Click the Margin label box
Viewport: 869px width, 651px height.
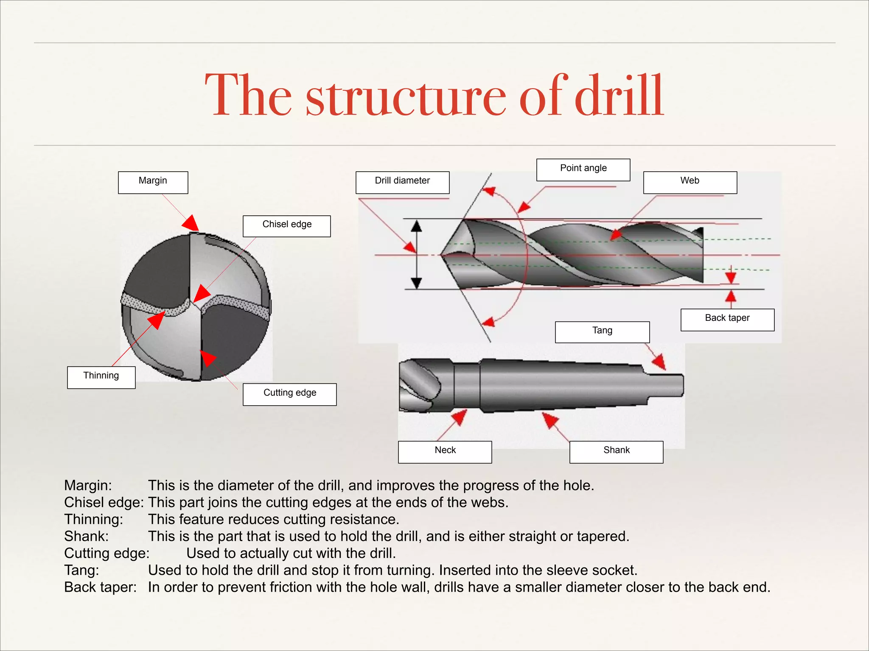click(x=153, y=182)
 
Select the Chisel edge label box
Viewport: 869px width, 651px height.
click(x=286, y=226)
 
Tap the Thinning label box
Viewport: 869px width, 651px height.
click(x=101, y=377)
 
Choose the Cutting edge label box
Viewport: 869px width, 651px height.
click(x=289, y=394)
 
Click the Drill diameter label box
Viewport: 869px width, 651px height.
click(x=402, y=182)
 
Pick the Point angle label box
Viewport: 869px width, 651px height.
click(x=583, y=170)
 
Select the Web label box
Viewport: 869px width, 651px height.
click(x=690, y=182)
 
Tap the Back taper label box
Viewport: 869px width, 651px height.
click(x=727, y=320)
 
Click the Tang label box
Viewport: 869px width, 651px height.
click(x=602, y=332)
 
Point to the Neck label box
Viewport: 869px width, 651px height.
click(x=445, y=452)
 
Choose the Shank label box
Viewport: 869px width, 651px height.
click(x=616, y=452)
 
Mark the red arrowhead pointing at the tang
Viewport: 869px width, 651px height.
click(x=659, y=362)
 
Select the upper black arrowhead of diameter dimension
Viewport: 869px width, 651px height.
click(x=417, y=225)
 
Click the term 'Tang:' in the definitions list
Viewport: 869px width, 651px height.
click(x=81, y=570)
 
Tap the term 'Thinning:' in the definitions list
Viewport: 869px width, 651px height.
click(x=93, y=519)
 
